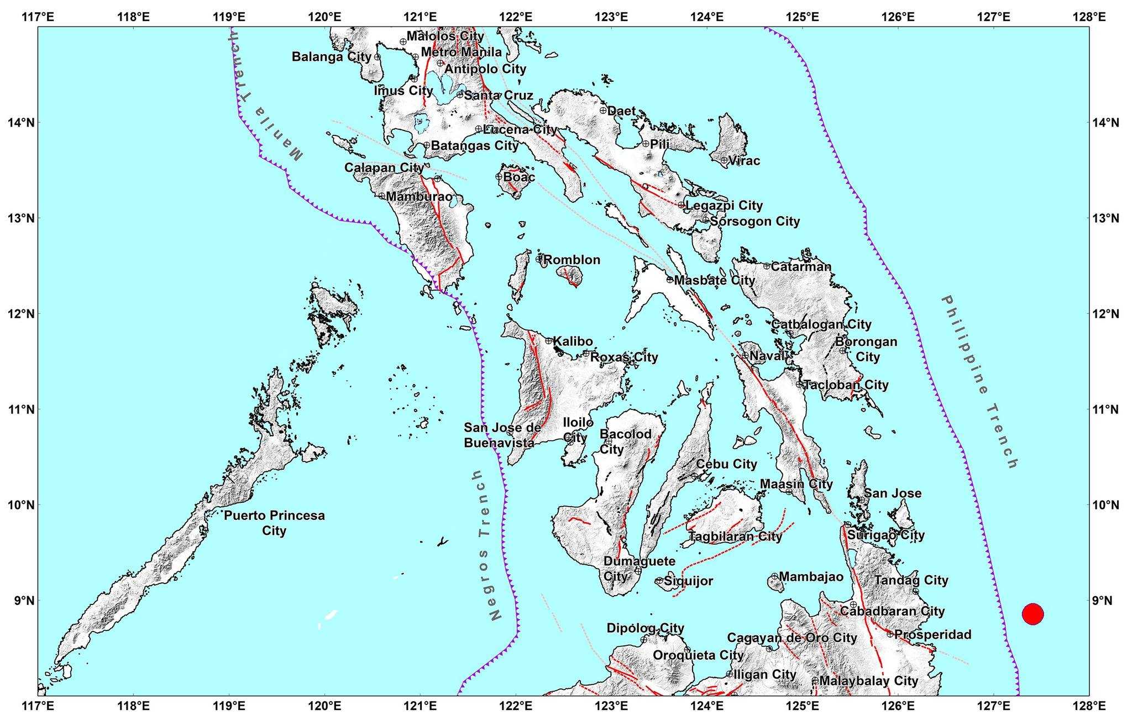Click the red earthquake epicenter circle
1032,613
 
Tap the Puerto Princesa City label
274,523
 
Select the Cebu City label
726,464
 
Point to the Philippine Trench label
979,382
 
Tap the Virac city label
744,161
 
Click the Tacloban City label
846,385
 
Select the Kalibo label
573,341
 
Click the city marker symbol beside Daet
603,111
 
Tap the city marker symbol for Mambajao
774,577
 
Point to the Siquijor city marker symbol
659,581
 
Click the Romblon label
572,260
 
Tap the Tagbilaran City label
735,536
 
